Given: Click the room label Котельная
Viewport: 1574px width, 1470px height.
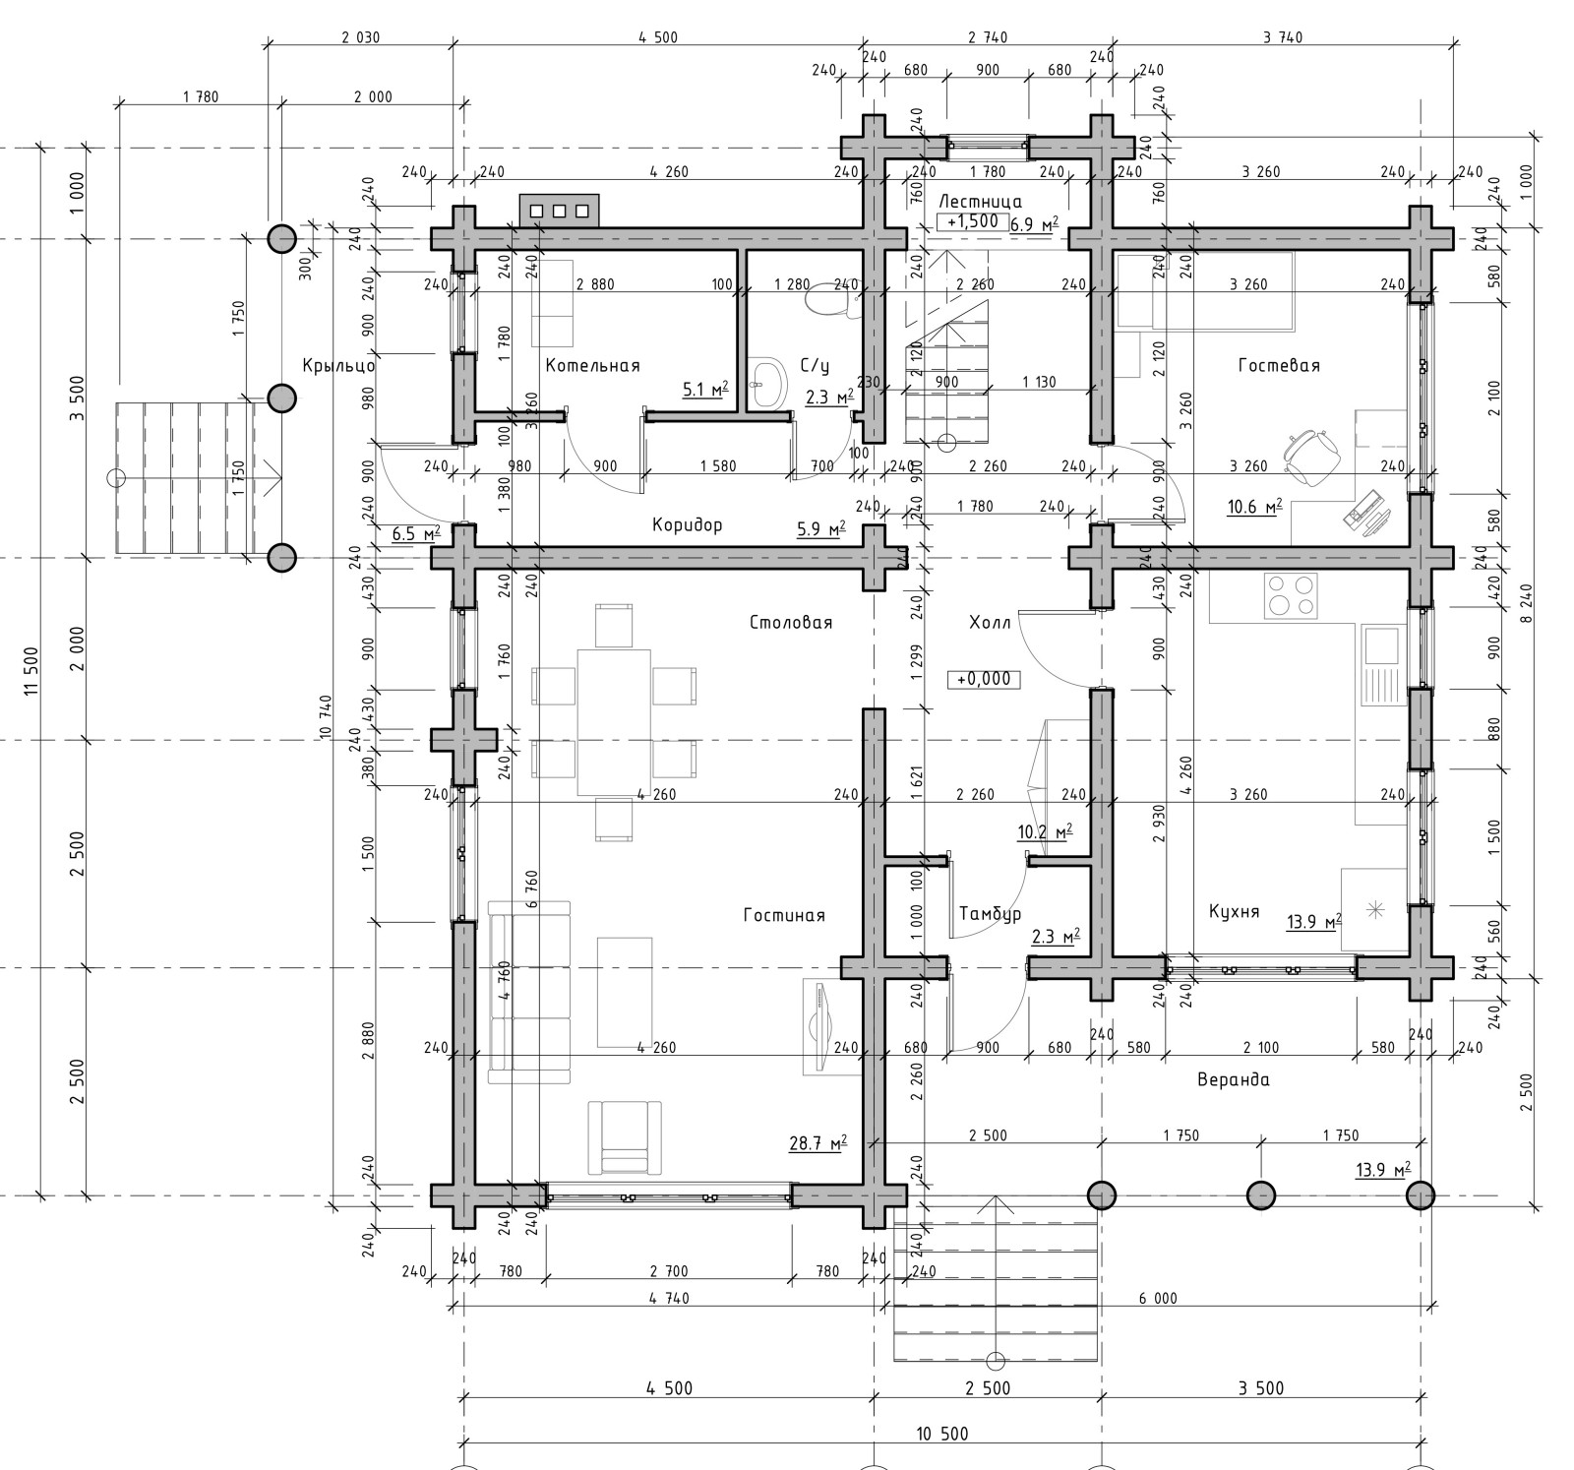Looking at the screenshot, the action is tap(592, 365).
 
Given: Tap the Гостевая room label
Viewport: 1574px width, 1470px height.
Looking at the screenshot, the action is tap(1279, 365).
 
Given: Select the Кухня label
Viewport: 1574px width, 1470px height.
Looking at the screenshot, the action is tap(1234, 912).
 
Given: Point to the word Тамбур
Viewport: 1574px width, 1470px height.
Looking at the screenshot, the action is tap(990, 914).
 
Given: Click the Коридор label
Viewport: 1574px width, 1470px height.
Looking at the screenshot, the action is tap(687, 524).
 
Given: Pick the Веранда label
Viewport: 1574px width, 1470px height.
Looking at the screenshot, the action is tap(1234, 1079).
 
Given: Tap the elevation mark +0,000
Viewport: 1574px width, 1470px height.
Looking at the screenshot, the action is tap(984, 679).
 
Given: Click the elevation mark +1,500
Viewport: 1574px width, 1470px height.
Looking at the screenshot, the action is tap(973, 222).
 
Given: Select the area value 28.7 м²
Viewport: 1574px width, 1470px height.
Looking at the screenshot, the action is tap(818, 1143).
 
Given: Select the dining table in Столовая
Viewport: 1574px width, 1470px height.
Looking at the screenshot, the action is tap(614, 721).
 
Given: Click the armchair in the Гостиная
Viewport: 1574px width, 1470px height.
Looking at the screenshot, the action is tap(625, 1137).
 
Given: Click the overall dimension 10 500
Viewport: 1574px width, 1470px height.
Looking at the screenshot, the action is tap(941, 1434).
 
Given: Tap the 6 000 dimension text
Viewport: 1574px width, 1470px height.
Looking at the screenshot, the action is tap(1158, 1299).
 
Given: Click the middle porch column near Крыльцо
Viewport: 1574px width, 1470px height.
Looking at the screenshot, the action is tap(282, 398).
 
